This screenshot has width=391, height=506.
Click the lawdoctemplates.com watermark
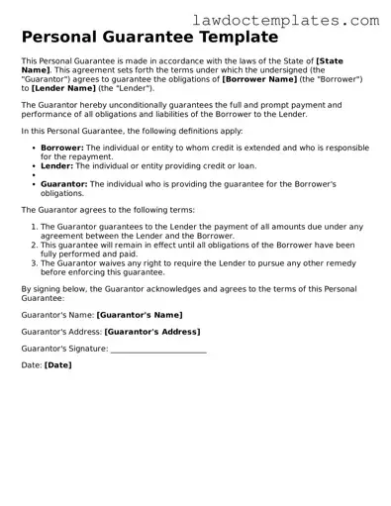point(300,19)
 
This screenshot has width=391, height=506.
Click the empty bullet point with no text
point(34,174)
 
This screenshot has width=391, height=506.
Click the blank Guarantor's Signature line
point(158,349)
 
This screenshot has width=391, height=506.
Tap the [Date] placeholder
point(57,365)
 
